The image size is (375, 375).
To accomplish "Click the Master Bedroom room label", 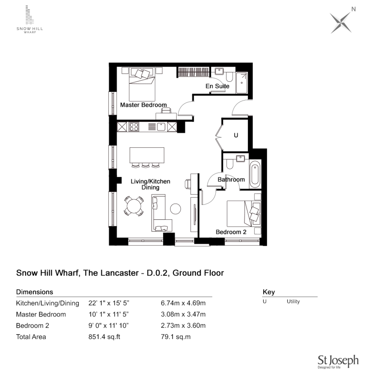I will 143,105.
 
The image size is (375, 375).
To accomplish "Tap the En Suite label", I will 217,86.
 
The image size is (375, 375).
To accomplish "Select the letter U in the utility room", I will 236,135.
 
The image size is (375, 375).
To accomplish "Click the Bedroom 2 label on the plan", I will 231,232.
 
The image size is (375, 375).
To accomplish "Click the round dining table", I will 134,206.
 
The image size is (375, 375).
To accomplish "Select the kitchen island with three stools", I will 147,155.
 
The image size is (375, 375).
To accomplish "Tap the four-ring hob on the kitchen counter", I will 134,127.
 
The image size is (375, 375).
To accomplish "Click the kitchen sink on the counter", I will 161,127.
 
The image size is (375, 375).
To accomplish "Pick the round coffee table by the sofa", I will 175,209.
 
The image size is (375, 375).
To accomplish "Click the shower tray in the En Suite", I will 242,83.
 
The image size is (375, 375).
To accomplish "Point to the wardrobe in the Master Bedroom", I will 193,72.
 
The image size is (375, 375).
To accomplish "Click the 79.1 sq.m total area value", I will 176,337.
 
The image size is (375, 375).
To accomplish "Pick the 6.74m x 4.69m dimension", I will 183,303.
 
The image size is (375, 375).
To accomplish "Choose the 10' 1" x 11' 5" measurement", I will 109,314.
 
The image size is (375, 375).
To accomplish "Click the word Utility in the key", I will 293,302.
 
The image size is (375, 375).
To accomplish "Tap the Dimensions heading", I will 35,292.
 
